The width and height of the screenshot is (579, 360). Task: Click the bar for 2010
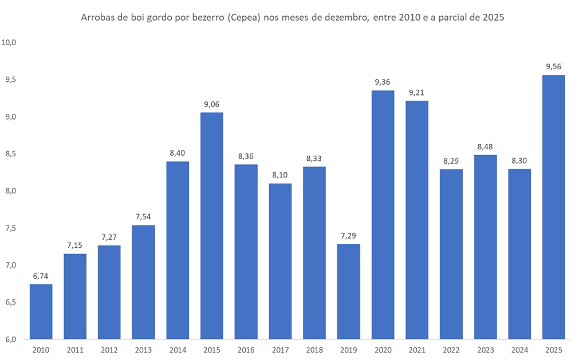tap(41, 311)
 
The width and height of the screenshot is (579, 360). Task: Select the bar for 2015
tap(212, 226)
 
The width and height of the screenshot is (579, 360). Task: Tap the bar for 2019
tap(349, 291)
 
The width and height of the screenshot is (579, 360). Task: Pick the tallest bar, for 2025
tap(554, 207)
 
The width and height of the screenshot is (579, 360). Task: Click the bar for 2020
tap(383, 215)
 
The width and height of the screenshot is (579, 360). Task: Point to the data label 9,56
tap(554, 67)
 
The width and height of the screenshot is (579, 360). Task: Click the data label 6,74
tap(41, 276)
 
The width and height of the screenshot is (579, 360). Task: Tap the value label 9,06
tap(212, 104)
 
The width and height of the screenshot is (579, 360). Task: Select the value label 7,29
tap(349, 236)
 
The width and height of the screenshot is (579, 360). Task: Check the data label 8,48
tap(486, 147)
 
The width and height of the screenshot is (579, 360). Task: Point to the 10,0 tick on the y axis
tap(10, 42)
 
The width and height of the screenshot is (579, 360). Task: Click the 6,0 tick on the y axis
tap(10, 339)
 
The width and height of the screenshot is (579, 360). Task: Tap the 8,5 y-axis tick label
tap(10, 154)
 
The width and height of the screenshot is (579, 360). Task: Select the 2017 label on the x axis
tap(280, 350)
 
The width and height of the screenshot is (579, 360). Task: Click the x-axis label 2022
tap(451, 350)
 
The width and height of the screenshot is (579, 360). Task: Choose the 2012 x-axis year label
tap(109, 350)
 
